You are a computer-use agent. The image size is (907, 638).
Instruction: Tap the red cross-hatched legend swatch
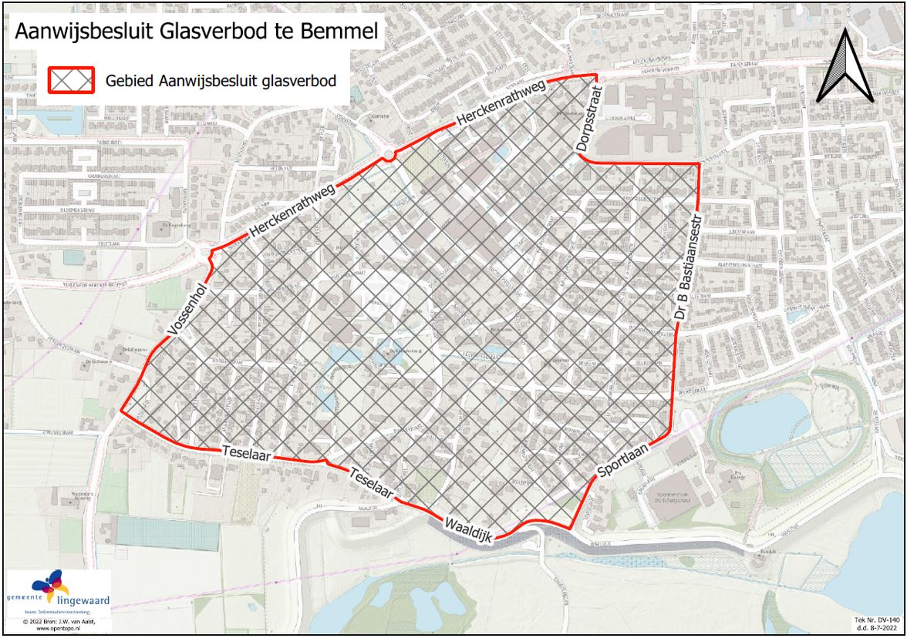[72, 79]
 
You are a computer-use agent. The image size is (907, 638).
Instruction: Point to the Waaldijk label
[470, 530]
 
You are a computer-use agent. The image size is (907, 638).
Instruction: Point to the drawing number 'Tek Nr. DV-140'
[877, 620]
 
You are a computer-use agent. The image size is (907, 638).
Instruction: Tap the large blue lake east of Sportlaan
[760, 420]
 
